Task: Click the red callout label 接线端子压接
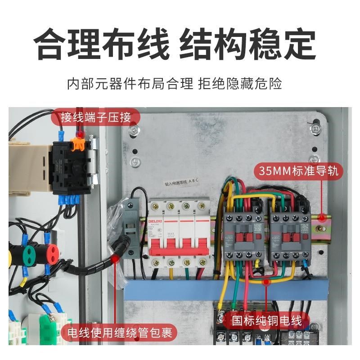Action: [96, 118]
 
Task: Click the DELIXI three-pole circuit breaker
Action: [179, 232]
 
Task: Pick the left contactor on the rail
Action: [243, 234]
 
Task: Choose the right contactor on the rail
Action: [288, 234]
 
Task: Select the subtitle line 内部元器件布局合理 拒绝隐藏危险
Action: [180, 84]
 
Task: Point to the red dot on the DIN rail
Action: [322, 218]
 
